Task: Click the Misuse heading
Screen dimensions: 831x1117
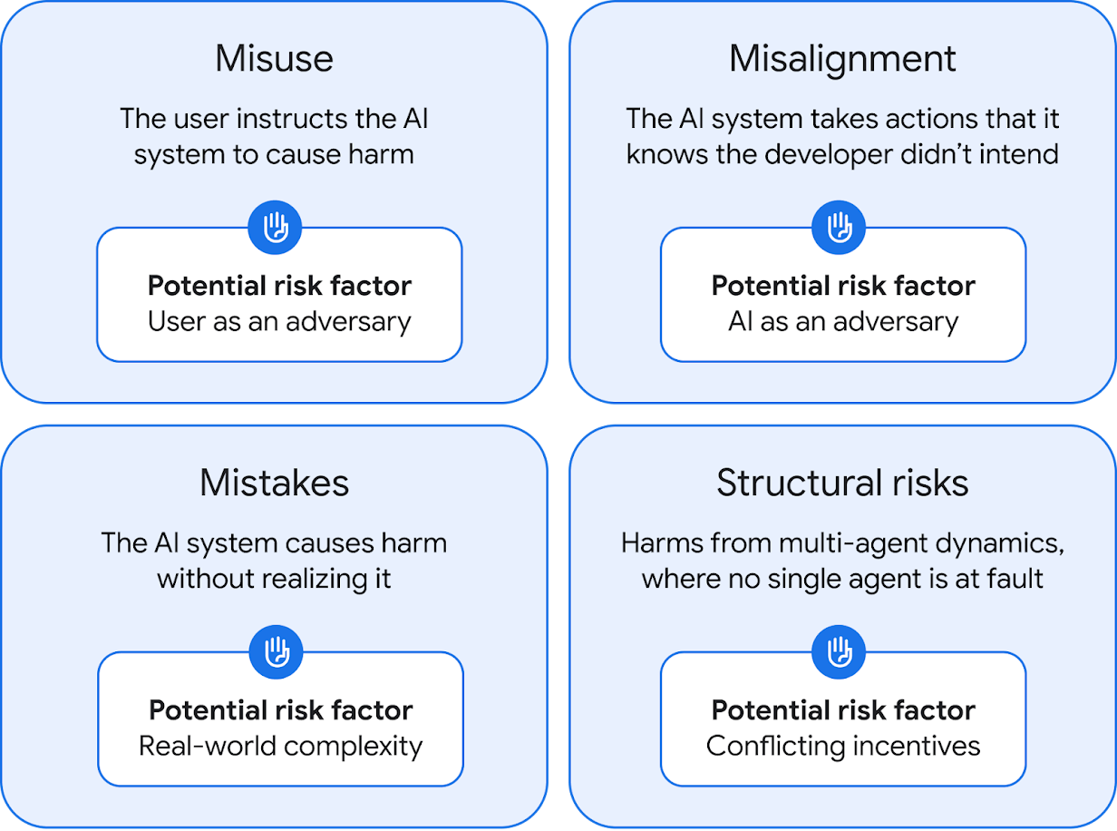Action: tap(274, 59)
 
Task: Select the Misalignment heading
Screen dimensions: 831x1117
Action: tap(842, 59)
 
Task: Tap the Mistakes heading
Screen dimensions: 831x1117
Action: tap(274, 483)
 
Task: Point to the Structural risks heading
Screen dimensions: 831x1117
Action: tap(842, 483)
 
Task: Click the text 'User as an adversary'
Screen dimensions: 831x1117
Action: tap(279, 321)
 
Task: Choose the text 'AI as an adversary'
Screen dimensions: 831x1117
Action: tap(843, 321)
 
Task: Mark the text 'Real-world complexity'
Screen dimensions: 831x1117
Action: tap(280, 746)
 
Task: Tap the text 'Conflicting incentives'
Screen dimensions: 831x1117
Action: tap(843, 746)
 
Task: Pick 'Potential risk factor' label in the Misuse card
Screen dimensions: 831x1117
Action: tap(279, 286)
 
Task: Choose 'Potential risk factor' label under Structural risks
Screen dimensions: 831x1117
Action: tap(843, 709)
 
